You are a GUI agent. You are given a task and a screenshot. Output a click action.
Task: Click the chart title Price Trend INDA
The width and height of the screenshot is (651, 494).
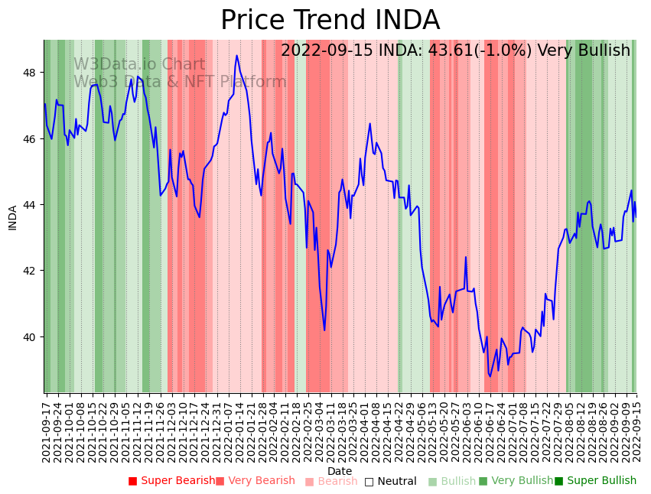[330, 21]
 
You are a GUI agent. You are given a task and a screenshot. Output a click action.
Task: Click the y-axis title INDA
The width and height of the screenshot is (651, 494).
[12, 217]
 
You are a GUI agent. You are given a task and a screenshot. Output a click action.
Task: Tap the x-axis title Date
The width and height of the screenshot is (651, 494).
[340, 471]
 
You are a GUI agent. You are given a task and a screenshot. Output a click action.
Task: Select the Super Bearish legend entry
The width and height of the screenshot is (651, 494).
[172, 481]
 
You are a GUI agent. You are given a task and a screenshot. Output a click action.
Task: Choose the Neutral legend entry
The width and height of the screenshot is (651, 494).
[391, 481]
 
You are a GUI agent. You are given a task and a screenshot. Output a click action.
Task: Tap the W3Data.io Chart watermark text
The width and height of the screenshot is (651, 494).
[139, 65]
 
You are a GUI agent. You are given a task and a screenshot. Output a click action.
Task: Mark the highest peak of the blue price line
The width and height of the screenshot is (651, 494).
[237, 55]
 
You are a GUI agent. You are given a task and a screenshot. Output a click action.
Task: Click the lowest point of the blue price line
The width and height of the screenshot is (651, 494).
[490, 376]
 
